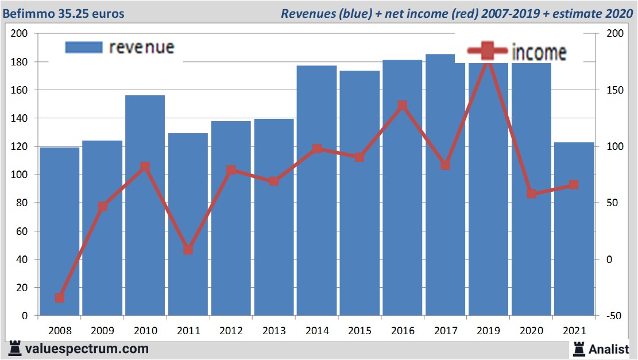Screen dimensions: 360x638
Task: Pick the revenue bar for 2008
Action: pos(60,230)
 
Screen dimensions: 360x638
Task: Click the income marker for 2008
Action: pos(60,298)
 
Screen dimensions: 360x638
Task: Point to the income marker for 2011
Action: pos(188,250)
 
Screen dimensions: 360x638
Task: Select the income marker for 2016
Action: pos(402,106)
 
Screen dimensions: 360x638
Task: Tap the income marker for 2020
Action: pos(531,194)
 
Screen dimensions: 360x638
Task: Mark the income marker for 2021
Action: pos(574,185)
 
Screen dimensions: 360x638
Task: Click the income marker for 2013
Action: pos(274,181)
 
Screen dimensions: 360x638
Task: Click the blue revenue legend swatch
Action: pos(84,47)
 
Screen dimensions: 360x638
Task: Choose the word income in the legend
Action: pos(539,52)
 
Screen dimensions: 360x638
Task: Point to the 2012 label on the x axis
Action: pos(231,331)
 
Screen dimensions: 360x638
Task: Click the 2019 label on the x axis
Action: pos(488,331)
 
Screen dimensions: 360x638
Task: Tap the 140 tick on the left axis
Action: pos(21,118)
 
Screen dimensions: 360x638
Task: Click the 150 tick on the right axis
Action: pos(613,90)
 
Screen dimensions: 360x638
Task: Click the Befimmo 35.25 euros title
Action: pos(63,13)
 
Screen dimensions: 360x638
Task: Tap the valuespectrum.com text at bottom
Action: pos(87,349)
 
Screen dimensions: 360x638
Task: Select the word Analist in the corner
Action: pos(608,349)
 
